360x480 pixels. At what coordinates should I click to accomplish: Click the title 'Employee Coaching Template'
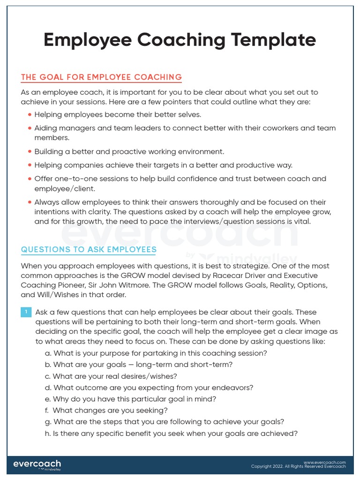(x=180, y=40)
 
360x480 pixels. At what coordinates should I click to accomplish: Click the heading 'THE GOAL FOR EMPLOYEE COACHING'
(x=101, y=77)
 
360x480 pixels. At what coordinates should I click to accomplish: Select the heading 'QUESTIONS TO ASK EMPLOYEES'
(x=89, y=249)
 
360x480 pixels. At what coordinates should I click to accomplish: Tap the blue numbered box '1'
(x=26, y=312)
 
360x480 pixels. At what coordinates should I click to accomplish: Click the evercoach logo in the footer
(x=37, y=465)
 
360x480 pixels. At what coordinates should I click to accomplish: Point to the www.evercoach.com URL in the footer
(x=324, y=462)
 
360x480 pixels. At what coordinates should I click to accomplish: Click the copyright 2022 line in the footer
(x=298, y=467)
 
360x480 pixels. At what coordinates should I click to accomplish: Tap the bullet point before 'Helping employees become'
(x=30, y=115)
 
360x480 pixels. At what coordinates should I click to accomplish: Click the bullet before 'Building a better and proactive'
(x=30, y=152)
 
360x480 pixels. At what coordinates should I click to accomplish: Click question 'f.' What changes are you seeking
(x=106, y=411)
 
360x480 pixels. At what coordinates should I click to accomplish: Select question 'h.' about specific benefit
(x=171, y=434)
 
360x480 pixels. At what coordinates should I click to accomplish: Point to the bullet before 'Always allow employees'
(x=30, y=202)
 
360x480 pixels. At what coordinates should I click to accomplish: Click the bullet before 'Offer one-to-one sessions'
(x=30, y=179)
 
